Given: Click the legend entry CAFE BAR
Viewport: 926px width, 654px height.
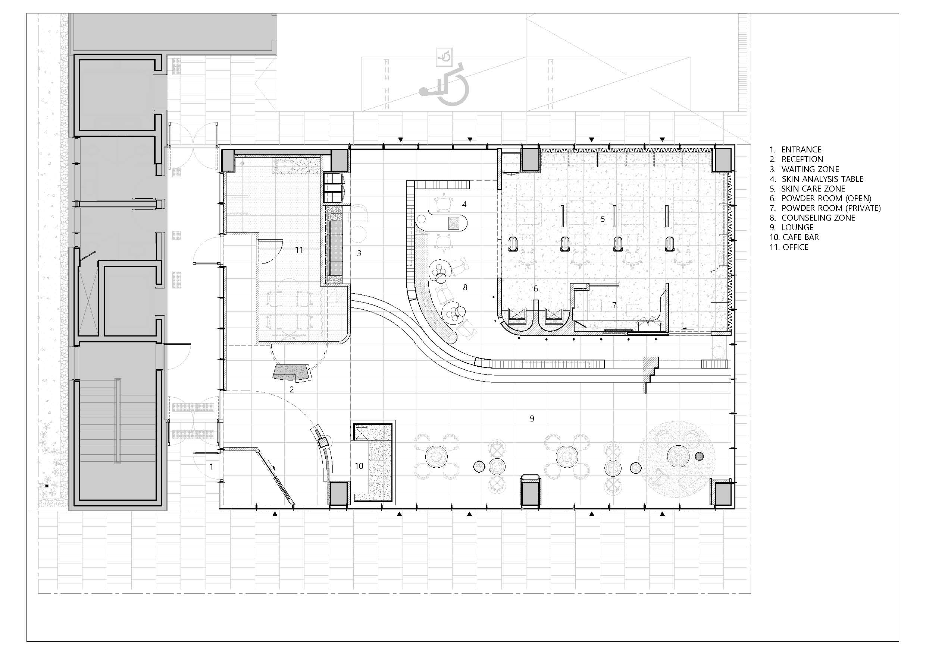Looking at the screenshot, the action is pos(801,237).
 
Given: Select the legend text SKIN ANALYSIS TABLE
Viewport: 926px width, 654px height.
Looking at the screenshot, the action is pos(822,179).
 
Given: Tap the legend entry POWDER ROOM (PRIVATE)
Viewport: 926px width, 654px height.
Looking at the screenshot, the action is pos(831,208).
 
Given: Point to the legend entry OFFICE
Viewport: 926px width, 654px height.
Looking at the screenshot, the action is pos(795,247).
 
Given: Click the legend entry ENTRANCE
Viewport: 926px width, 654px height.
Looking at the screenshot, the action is pos(801,149).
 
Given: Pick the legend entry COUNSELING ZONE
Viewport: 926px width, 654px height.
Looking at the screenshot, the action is pos(818,218).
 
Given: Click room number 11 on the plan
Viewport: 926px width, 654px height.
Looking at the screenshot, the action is pos(299,250).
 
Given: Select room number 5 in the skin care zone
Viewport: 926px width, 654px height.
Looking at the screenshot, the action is pos(603,219).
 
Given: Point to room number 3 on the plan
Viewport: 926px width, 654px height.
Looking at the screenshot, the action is pos(359,253).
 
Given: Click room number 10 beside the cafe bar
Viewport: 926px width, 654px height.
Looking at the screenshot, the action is pos(359,466).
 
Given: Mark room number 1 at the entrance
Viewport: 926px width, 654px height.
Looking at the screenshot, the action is pos(211,467).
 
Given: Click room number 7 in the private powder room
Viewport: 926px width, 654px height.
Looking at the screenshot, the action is pos(614,306).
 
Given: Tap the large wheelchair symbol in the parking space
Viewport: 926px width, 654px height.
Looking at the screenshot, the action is pos(444,89).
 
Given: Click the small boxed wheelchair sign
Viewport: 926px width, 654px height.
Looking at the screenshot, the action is pos(444,56).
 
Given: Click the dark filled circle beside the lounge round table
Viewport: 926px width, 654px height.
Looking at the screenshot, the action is pos(699,456).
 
